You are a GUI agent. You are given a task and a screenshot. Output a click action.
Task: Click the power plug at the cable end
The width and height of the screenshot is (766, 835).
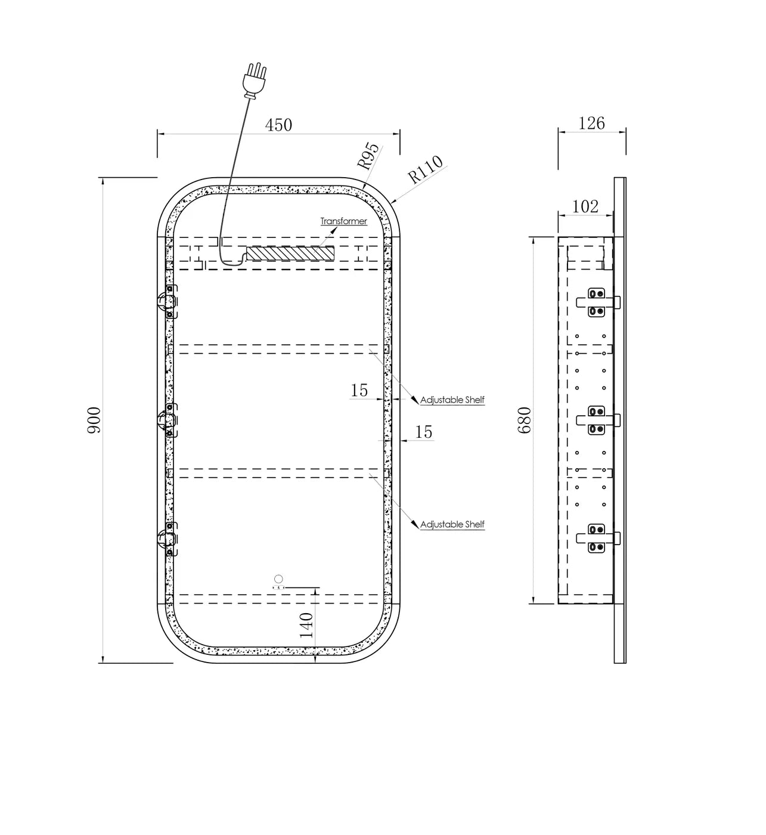(255, 81)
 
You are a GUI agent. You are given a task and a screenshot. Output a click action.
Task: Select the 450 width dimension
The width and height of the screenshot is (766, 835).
(278, 125)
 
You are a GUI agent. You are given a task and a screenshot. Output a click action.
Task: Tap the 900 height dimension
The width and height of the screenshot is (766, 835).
(94, 420)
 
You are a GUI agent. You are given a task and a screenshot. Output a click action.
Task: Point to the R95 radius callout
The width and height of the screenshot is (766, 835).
(368, 156)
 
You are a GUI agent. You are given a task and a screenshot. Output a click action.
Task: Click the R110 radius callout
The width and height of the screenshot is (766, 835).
(425, 169)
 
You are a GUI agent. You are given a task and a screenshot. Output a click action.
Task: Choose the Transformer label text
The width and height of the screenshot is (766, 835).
(344, 221)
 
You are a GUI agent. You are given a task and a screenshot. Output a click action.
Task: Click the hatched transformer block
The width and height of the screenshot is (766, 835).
(290, 253)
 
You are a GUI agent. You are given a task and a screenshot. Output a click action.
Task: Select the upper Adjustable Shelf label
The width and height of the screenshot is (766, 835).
(452, 400)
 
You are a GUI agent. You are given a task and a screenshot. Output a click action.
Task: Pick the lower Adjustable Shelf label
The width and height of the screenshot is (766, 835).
(452, 524)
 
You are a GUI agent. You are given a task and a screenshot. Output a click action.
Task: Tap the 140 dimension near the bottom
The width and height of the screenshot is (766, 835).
(306, 625)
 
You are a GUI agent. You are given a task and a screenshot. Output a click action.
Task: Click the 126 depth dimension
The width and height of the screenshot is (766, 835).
(591, 123)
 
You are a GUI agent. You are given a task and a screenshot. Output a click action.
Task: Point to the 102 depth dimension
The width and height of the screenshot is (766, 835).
(585, 206)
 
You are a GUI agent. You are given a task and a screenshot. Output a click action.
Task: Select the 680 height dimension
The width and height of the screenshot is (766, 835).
(525, 420)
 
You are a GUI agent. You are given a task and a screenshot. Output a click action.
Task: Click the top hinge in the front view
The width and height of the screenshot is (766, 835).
(168, 302)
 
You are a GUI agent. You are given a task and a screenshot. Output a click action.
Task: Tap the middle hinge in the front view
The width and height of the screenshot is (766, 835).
(168, 420)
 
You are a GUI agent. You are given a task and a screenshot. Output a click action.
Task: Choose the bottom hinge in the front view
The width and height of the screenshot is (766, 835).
(168, 539)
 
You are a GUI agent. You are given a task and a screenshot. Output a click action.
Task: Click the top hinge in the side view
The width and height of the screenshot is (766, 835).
(598, 302)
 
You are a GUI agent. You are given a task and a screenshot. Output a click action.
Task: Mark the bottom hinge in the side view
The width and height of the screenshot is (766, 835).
(598, 538)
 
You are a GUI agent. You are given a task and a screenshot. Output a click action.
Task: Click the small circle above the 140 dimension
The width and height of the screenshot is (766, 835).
(279, 579)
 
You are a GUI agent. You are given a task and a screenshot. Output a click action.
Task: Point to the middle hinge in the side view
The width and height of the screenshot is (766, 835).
(598, 420)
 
